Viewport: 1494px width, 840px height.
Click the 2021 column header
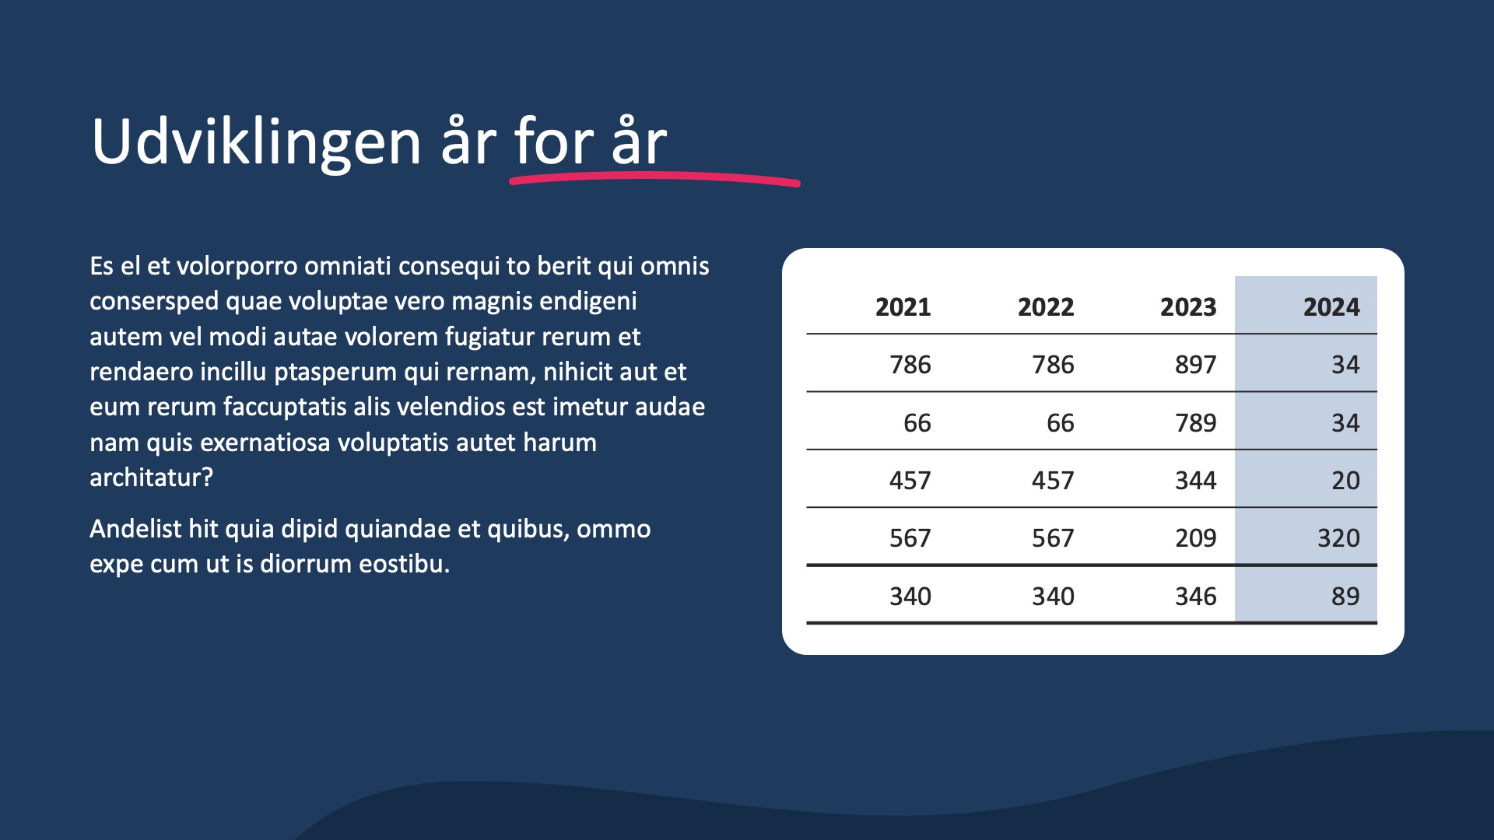coord(903,307)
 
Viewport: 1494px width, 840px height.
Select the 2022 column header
coord(1046,307)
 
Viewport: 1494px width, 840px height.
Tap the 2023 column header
coord(1188,307)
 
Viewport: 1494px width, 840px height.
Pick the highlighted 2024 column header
coord(1331,307)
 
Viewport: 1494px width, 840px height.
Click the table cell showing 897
coord(1195,365)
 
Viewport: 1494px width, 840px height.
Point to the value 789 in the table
coord(1195,423)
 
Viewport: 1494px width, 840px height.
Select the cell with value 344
coord(1195,481)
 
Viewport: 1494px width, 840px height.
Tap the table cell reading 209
coord(1195,538)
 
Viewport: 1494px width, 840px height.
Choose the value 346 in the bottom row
coord(1195,597)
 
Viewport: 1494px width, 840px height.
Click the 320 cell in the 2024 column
coord(1338,538)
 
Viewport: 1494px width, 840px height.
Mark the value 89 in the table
coord(1345,597)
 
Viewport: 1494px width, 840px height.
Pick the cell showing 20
coord(1345,481)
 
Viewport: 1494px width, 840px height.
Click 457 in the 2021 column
coord(910,481)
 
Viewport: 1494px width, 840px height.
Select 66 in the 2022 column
coord(1060,423)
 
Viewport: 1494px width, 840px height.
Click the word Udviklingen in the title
coord(257,143)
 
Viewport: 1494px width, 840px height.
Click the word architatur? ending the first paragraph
coord(151,478)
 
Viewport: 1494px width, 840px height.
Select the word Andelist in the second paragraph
coord(135,529)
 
